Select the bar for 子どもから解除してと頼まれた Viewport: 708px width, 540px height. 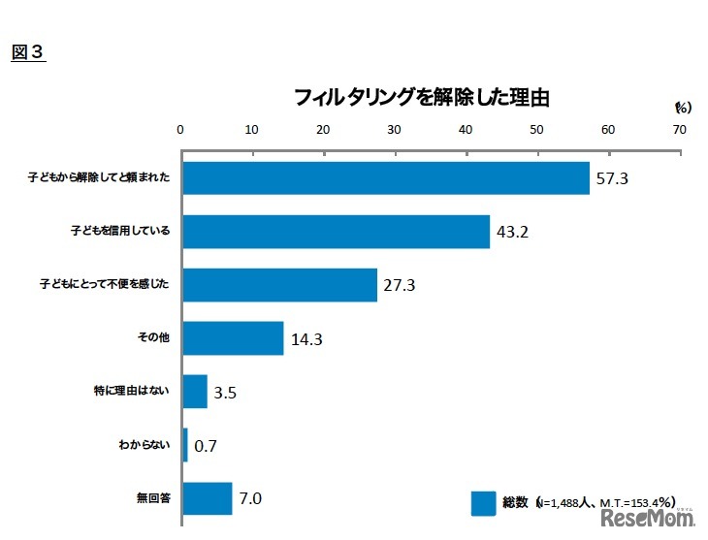pyautogui.click(x=385, y=178)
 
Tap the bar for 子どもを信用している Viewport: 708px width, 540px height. pyautogui.click(x=335, y=232)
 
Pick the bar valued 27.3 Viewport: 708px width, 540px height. pyautogui.click(x=279, y=285)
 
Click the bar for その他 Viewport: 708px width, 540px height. pyautogui.click(x=232, y=338)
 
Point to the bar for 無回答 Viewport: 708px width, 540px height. pyautogui.click(x=207, y=498)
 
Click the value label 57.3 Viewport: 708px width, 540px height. pyautogui.click(x=614, y=179)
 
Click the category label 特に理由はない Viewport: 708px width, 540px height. pyautogui.click(x=139, y=392)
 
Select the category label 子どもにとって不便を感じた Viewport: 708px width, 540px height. pyautogui.click(x=105, y=285)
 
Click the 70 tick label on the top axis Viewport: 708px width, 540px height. pyautogui.click(x=679, y=130)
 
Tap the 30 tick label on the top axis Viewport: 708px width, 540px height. pyautogui.click(x=394, y=130)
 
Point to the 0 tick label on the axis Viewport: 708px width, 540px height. pyautogui.click(x=180, y=130)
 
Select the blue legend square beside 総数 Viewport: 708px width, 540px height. pyautogui.click(x=483, y=503)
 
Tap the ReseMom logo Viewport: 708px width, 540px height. pyautogui.click(x=648, y=522)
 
